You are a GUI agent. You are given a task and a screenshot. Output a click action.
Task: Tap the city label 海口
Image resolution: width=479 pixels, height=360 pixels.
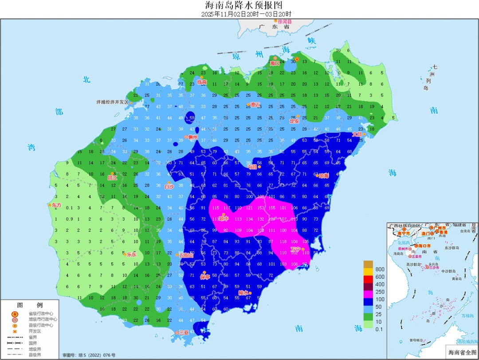click(x=275, y=63)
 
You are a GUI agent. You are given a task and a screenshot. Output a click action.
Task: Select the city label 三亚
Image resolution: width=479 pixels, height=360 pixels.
click(x=183, y=332)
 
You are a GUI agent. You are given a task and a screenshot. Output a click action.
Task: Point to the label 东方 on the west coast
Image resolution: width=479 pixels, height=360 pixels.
click(x=56, y=206)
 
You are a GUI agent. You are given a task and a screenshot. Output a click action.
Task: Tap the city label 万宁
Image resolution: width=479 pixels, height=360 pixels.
click(x=296, y=249)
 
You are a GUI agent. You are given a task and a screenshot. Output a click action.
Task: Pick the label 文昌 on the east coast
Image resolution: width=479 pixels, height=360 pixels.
click(x=357, y=134)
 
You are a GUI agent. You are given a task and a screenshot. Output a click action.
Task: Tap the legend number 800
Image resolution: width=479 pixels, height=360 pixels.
click(x=380, y=269)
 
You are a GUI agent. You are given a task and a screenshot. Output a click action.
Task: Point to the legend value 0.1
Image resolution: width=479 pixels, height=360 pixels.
click(x=380, y=328)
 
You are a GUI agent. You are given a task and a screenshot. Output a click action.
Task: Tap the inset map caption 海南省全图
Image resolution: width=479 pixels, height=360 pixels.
click(x=461, y=352)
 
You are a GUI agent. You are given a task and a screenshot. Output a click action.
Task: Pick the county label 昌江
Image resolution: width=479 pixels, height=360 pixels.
click(x=113, y=178)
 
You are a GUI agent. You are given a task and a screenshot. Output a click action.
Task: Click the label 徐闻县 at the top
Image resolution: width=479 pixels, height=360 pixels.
click(x=284, y=21)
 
